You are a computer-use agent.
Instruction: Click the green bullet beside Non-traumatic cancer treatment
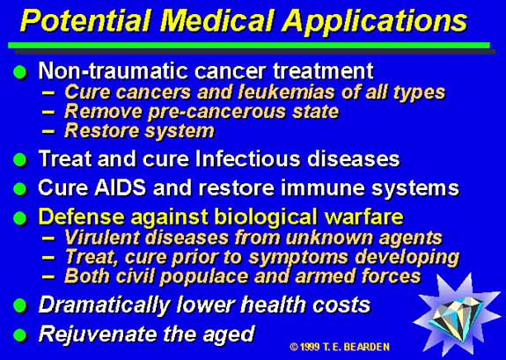20,72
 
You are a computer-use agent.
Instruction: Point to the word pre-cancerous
217,112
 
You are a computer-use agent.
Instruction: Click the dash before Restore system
48,132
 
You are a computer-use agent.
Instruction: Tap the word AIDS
120,187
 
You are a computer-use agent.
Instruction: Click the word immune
323,187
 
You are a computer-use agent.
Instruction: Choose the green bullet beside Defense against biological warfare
20,218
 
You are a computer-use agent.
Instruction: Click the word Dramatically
104,305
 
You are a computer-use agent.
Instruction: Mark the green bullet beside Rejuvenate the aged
20,334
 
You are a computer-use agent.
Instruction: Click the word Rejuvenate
99,334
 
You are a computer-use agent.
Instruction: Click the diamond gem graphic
458,315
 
